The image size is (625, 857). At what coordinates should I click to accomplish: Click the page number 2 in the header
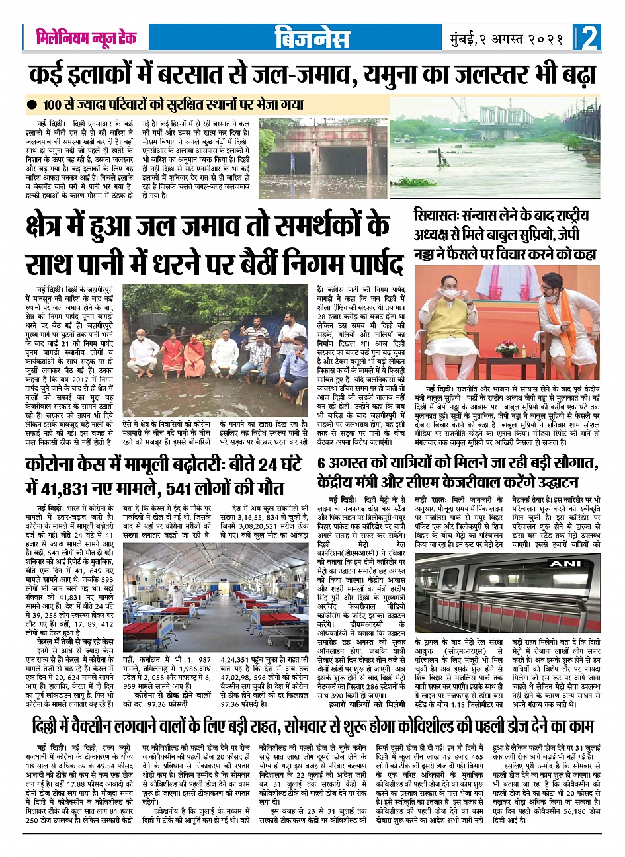pos(590,38)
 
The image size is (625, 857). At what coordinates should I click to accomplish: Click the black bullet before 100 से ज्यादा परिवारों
pos(31,105)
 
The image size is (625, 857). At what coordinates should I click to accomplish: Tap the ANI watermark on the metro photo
pos(565,563)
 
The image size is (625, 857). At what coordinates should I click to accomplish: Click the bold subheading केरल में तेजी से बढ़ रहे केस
pos(75,641)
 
